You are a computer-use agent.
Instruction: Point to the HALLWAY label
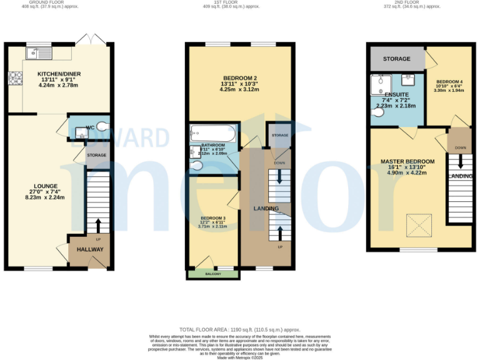pos(90,249)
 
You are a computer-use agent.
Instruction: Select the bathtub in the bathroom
pos(213,133)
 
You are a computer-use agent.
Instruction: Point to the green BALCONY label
pos(213,274)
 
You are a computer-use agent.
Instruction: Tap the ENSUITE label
pos(397,94)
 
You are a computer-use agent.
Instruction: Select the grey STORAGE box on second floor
pos(396,59)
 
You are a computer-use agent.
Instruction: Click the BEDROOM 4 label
pos(449,82)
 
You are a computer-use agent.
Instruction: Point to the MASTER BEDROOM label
pos(408,161)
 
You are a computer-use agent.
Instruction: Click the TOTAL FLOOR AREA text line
pos(240,329)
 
